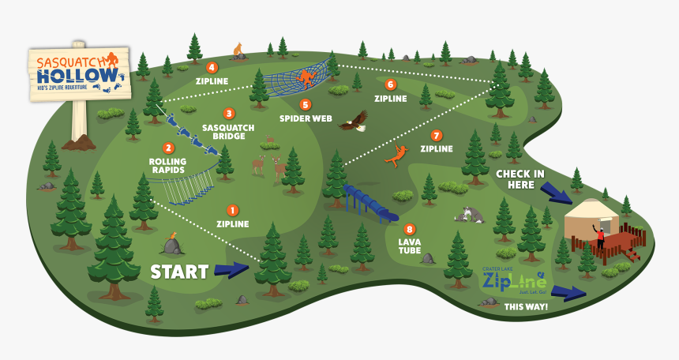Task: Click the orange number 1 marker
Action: [x=232, y=210]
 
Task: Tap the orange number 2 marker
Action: [x=167, y=148]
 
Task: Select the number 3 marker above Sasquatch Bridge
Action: [x=229, y=114]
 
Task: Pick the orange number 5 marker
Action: [x=305, y=104]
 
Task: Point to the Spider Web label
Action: [x=305, y=118]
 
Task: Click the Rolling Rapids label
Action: [x=167, y=167]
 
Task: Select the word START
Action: [x=179, y=272]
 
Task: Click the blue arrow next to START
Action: [x=231, y=269]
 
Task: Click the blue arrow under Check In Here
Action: [x=556, y=192]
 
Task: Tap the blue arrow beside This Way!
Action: [x=568, y=292]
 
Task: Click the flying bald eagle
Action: [x=354, y=120]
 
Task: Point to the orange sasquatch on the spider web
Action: [x=305, y=77]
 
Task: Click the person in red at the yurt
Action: [x=600, y=236]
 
